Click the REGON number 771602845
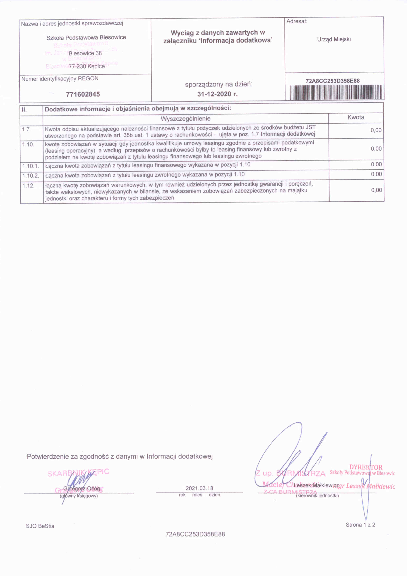[83, 94]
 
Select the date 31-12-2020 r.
[217, 94]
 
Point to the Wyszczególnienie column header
[185, 118]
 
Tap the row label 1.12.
[28, 186]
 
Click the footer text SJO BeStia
[40, 526]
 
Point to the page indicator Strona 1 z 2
[360, 525]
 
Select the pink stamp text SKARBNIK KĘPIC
[78, 472]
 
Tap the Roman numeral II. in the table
[24, 109]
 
